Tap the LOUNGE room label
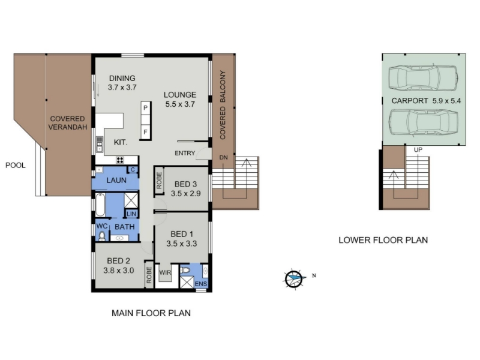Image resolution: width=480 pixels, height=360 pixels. tap(180, 95)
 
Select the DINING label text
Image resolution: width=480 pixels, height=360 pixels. tap(122, 79)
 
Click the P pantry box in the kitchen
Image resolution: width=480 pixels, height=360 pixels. tap(145, 108)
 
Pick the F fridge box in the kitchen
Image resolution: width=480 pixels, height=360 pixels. tap(145, 132)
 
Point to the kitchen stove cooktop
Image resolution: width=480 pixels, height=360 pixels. tap(120, 160)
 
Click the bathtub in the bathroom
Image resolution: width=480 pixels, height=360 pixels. tap(100, 205)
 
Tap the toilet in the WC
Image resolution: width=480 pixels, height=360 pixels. tap(102, 236)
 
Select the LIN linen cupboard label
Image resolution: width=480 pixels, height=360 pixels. tap(131, 214)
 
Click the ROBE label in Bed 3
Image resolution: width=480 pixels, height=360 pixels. tap(159, 181)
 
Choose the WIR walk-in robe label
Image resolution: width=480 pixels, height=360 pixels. tap(166, 272)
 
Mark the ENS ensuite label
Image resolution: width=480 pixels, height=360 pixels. tap(201, 284)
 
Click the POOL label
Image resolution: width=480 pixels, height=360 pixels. tap(16, 166)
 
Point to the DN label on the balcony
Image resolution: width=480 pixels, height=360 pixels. tap(223, 158)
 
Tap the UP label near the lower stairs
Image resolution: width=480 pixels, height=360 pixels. tap(418, 149)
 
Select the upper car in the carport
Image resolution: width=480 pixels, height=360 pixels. tap(423, 78)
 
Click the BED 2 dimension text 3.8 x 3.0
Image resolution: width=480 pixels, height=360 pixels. tap(118, 271)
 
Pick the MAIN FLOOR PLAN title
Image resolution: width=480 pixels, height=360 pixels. tap(151, 313)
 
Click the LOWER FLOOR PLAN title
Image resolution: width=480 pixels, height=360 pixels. tap(383, 240)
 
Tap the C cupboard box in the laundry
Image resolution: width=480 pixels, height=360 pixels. tap(133, 170)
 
